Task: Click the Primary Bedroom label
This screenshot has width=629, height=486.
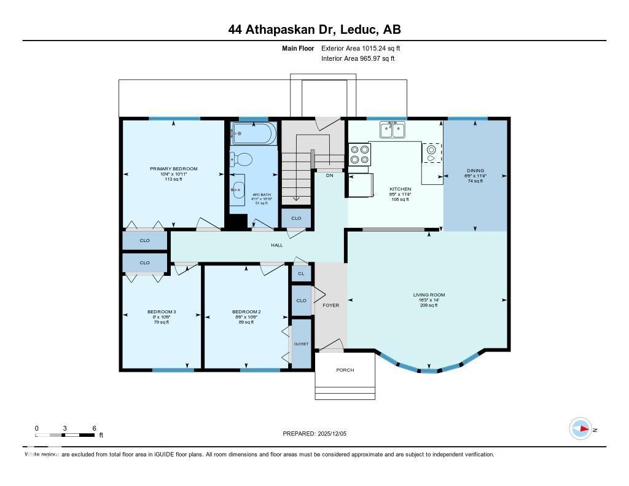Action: (x=174, y=169)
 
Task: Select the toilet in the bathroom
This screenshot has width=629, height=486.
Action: (x=243, y=160)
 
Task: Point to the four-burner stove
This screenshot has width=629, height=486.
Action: (x=359, y=154)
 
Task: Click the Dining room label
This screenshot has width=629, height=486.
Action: (x=475, y=171)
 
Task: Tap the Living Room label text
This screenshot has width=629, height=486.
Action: (x=429, y=295)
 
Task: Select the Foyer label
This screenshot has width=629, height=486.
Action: (x=330, y=305)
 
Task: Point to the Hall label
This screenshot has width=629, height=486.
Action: (x=277, y=245)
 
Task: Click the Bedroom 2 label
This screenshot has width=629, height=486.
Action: (x=246, y=312)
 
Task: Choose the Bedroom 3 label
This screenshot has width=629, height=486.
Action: (x=162, y=312)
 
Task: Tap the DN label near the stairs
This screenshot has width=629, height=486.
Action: (x=329, y=175)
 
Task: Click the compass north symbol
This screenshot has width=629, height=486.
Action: (x=581, y=429)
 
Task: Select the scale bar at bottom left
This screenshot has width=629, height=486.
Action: (x=65, y=435)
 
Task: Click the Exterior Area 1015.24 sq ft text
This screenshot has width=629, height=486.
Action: (x=361, y=48)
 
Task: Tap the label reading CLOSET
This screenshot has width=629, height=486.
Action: (x=301, y=344)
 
